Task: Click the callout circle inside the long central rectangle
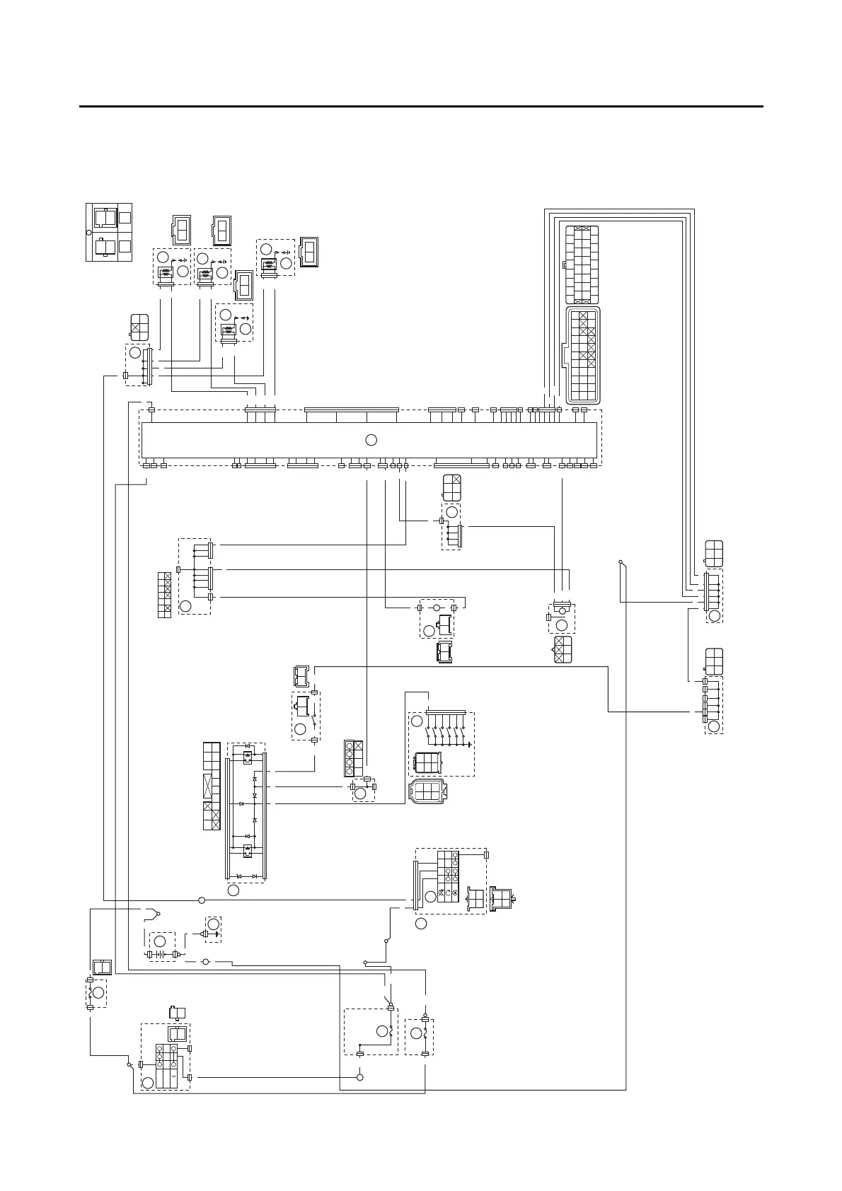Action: click(x=371, y=440)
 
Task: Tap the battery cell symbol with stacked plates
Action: click(x=161, y=954)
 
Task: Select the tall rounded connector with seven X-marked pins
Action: click(x=582, y=354)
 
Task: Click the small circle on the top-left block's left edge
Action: click(x=88, y=232)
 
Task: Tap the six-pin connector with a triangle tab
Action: click(x=563, y=650)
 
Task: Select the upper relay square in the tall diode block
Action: click(x=248, y=757)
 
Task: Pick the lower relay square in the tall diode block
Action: click(x=248, y=850)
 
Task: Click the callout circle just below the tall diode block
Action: click(x=233, y=890)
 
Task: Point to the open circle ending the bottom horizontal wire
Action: click(x=359, y=1077)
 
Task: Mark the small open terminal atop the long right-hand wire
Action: click(x=620, y=562)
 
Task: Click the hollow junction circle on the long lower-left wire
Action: click(x=202, y=900)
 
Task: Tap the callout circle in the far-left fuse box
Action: click(x=98, y=992)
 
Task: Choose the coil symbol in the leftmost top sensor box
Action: click(x=163, y=274)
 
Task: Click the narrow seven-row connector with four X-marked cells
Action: click(x=163, y=595)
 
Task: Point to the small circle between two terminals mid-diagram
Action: click(x=437, y=608)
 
